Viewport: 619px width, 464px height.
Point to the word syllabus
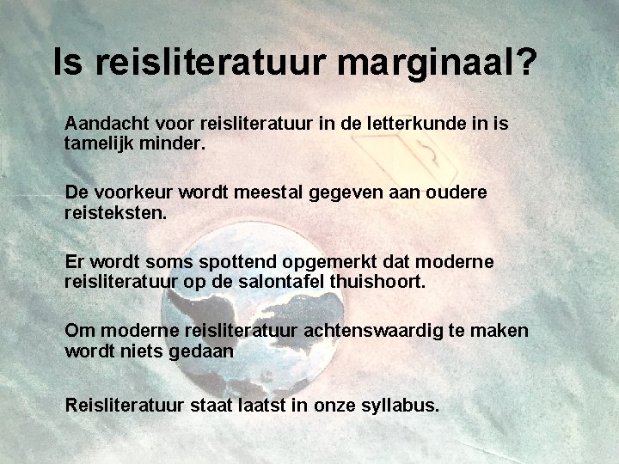[x=396, y=404]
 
